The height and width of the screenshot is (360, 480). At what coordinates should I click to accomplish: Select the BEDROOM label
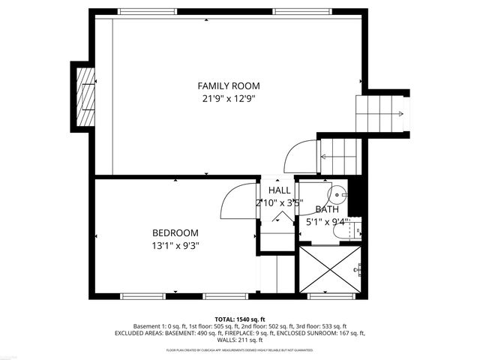[175, 232]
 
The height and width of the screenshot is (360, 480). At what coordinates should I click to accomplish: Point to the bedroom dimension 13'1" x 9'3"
[175, 244]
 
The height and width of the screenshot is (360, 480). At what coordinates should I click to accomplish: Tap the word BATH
[326, 210]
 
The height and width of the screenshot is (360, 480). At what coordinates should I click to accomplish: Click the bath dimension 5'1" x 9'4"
[326, 222]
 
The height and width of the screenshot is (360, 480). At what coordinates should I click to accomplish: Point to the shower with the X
[331, 270]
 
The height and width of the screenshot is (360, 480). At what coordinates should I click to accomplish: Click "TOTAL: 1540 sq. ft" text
[240, 319]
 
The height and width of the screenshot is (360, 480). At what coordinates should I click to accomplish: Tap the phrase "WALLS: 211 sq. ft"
[240, 340]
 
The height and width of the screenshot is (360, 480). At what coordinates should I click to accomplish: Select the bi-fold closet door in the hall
[281, 218]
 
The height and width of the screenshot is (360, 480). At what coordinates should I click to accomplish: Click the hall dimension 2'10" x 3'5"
[278, 202]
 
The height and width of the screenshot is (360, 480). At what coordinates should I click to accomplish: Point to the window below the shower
[331, 296]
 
